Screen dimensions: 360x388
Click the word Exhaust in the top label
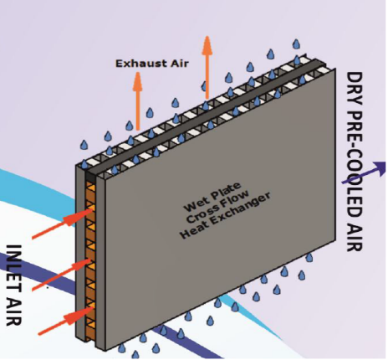click(x=136, y=62)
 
